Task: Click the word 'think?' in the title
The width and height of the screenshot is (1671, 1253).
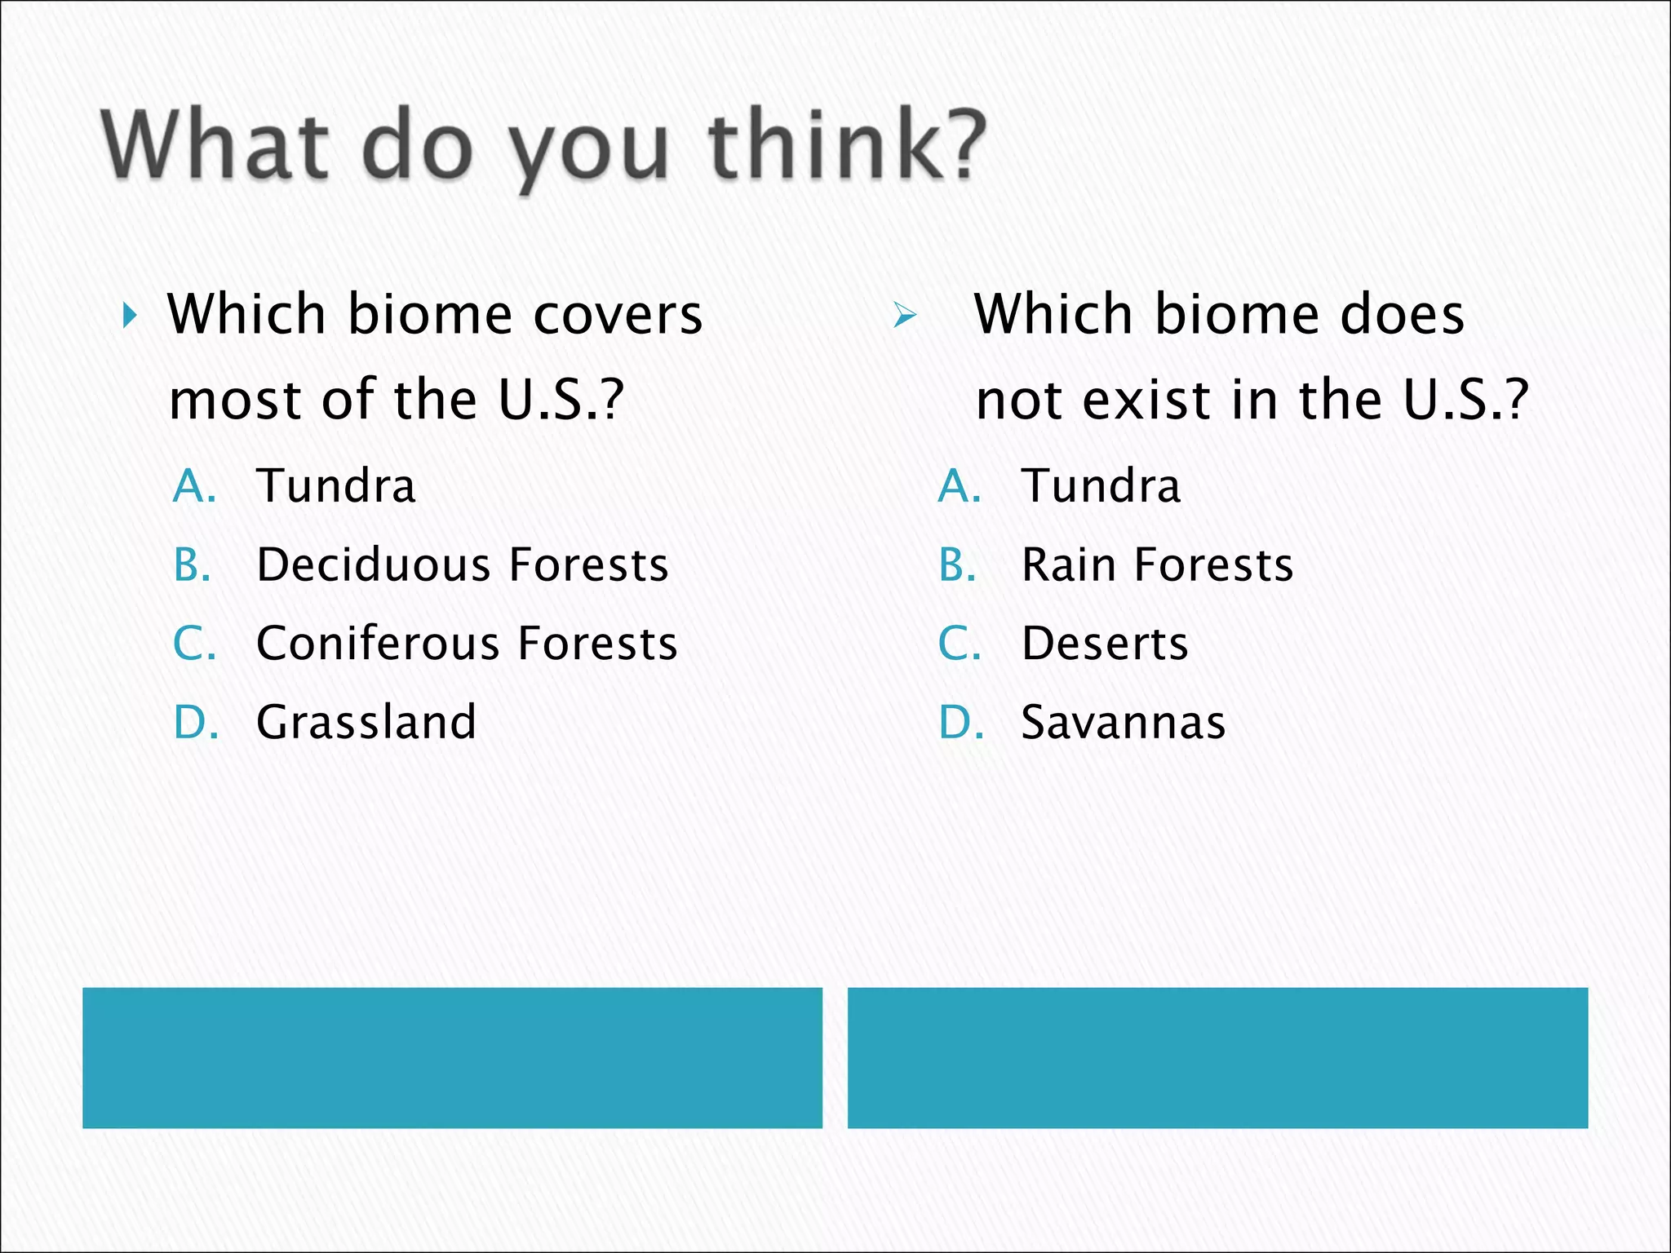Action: click(847, 147)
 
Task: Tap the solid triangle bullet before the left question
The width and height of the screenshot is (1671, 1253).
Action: click(130, 315)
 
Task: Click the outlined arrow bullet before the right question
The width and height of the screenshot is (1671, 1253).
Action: click(904, 315)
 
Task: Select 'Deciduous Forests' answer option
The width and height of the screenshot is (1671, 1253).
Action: click(462, 565)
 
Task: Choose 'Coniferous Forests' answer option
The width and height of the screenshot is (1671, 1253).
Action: click(467, 644)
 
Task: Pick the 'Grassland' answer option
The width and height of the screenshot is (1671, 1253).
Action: click(366, 722)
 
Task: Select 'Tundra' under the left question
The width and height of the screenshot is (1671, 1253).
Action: click(336, 486)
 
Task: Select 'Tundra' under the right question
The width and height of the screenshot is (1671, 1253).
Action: click(1101, 486)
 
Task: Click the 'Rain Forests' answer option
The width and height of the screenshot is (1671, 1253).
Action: click(1157, 565)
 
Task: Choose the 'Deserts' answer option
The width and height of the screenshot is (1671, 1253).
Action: click(1105, 644)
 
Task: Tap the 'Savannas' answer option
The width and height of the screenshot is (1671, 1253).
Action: click(1124, 722)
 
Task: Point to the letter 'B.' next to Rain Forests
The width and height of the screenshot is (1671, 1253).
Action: click(958, 565)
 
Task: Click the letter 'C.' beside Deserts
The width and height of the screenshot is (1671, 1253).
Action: click(960, 644)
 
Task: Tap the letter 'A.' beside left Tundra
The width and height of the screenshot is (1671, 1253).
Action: click(194, 486)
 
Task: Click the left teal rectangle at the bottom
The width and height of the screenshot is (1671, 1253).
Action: click(452, 1057)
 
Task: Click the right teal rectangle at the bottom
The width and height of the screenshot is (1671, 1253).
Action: click(1217, 1057)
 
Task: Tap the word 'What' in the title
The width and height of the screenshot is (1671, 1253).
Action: click(215, 147)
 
